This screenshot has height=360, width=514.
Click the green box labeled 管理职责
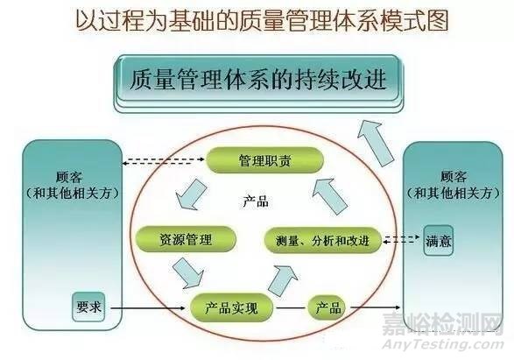point(264,160)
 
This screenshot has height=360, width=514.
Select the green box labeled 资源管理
point(186,239)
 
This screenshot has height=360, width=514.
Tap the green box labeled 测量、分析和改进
point(323,241)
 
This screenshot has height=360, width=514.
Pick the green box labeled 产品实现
point(231,307)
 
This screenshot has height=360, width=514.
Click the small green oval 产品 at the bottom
point(327,307)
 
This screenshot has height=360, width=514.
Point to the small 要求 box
point(88,307)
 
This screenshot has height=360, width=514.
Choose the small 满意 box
point(439,241)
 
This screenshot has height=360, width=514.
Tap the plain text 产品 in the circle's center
point(256,201)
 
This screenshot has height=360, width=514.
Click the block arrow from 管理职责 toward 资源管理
point(191,195)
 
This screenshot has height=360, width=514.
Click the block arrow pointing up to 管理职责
point(329,196)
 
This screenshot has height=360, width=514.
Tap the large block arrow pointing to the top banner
point(376,144)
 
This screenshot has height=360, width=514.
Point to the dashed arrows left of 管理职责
point(163,161)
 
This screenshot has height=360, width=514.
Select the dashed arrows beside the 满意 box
point(401,239)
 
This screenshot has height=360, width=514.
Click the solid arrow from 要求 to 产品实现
point(148,307)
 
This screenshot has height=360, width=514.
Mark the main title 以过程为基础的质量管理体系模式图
point(262,21)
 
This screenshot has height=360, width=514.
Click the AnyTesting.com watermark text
point(443,344)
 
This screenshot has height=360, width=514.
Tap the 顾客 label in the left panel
point(68,178)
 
